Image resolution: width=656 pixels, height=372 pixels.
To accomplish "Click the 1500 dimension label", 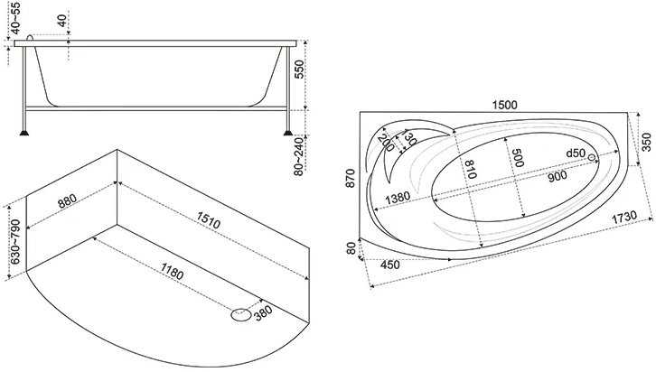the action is point(504,105).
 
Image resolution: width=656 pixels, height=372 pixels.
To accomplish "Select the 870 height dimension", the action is point(351,178).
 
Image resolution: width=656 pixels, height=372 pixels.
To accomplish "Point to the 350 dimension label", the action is point(646,142).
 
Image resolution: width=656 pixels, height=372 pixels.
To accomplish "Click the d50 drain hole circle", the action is point(592,157).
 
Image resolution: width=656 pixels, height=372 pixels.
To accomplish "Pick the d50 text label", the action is point(576,153).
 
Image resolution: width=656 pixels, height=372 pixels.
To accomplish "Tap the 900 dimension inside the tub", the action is point(558,176).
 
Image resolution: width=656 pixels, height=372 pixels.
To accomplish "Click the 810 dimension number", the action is point(469,169).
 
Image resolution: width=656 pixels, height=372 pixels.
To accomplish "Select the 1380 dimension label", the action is point(398,198).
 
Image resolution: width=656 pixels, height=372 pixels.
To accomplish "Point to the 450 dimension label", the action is point(390,265).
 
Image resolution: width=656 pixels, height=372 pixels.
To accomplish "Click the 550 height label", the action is point(299,70).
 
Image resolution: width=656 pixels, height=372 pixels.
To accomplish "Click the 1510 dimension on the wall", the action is point(209,220).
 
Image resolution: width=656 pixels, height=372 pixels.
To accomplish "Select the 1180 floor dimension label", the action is point(172,271).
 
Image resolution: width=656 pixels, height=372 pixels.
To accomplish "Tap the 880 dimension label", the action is point(68,200).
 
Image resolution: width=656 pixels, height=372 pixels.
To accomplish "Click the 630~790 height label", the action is point(15,242).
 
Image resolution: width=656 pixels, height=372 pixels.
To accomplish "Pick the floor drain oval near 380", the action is point(241,315).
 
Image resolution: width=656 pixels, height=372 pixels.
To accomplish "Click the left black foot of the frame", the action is point(24,133).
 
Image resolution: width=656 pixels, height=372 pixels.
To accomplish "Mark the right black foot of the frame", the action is point(288,133).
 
